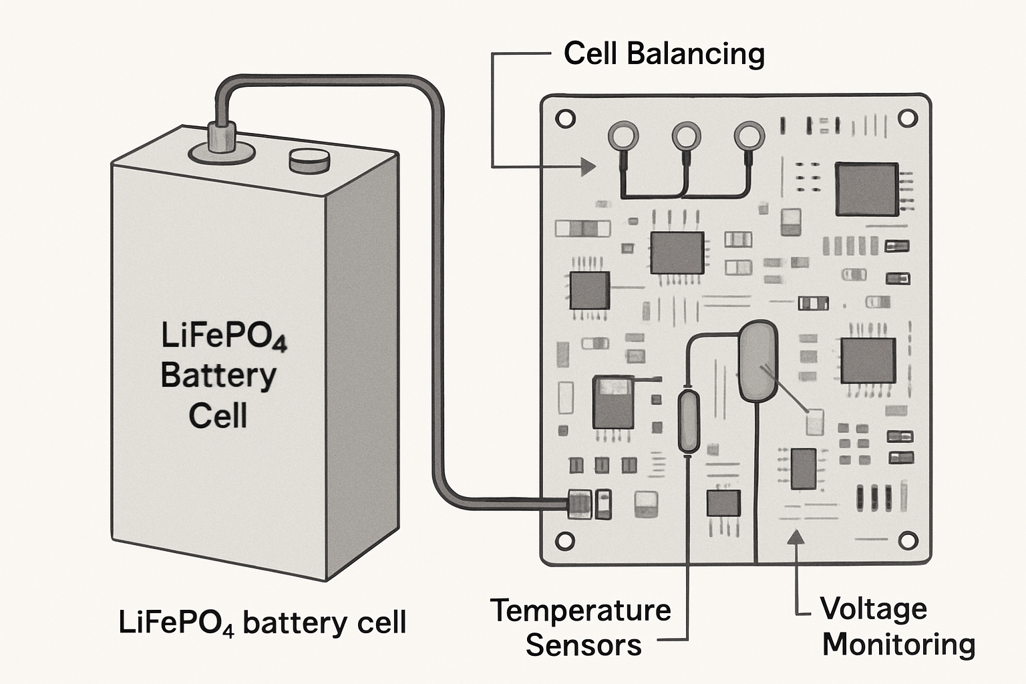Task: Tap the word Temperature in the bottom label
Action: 580,611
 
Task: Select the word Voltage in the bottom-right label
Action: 874,609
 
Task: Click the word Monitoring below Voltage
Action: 898,645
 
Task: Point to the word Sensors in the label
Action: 583,645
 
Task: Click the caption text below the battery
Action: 262,623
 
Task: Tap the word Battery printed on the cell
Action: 218,375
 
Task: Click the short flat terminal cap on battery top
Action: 309,160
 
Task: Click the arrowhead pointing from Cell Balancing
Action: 588,166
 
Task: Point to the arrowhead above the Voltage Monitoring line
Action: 795,537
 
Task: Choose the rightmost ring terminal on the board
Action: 749,136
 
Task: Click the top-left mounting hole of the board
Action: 565,120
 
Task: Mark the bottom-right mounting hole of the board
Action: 908,540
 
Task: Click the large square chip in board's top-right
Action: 866,189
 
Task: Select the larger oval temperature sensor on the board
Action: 757,361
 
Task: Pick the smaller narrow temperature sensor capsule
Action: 688,422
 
